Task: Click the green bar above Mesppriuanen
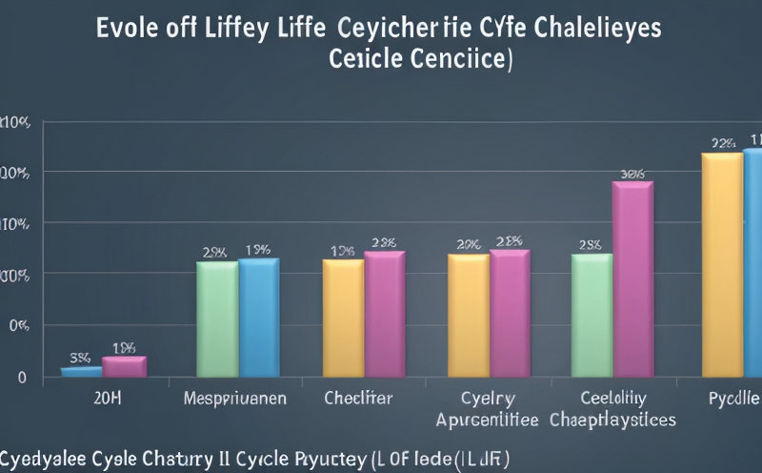(x=216, y=319)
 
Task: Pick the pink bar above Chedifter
(x=384, y=314)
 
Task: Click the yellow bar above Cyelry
(x=468, y=315)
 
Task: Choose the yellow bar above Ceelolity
(x=592, y=315)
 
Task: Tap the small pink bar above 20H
(x=124, y=366)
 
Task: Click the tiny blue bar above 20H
(x=81, y=371)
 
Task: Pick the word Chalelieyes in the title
(x=600, y=26)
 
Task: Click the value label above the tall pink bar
(x=632, y=174)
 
